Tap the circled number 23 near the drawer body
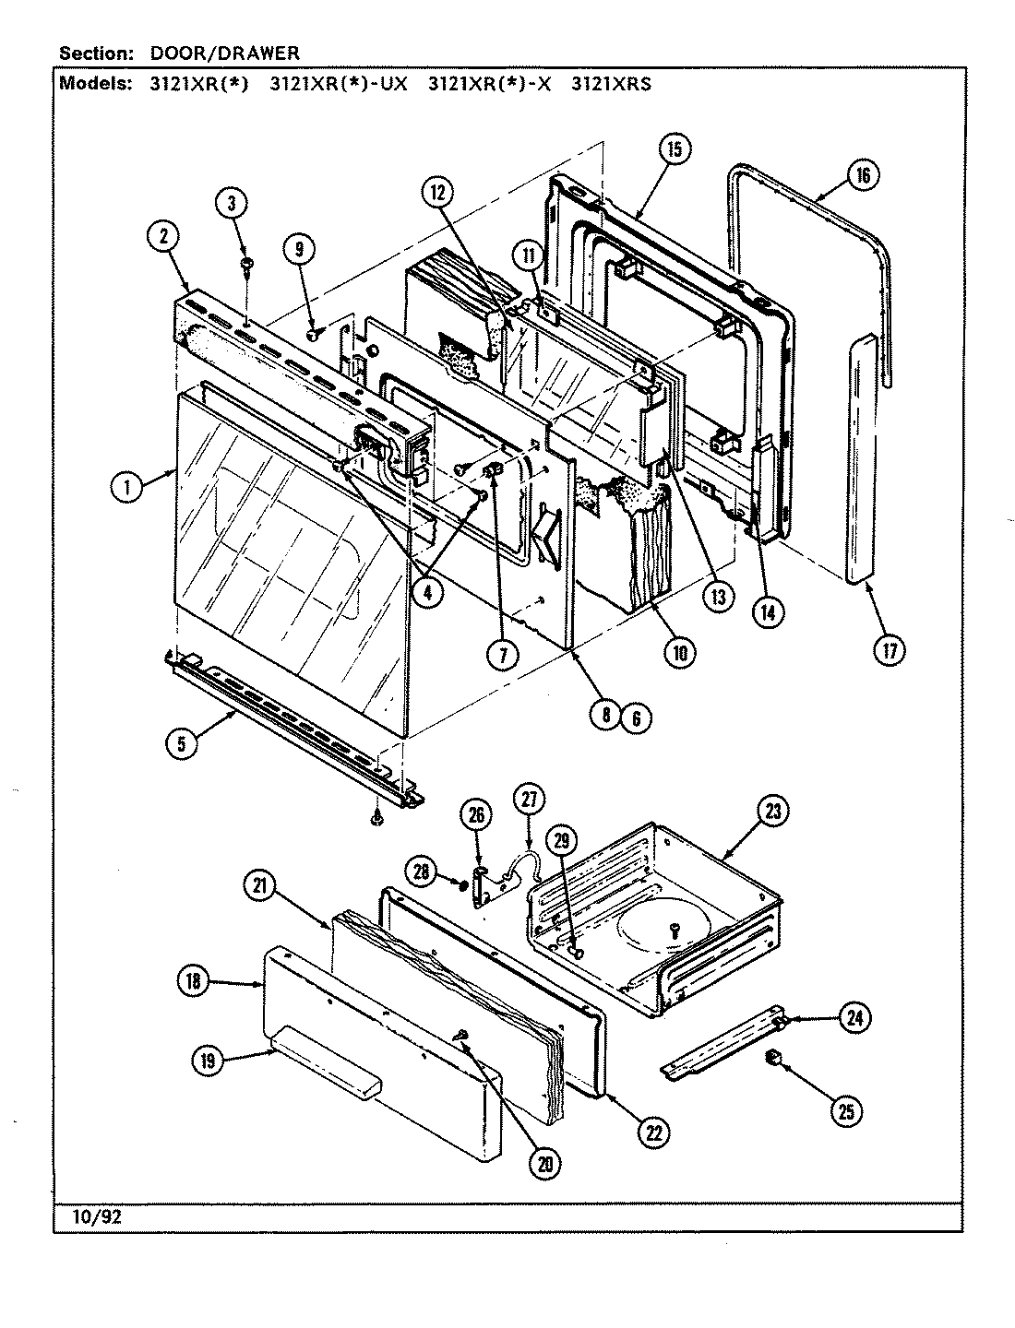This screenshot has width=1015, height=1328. [772, 812]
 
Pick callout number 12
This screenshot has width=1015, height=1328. [438, 193]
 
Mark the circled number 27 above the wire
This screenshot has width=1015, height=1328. [531, 800]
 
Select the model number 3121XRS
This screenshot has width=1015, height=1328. [611, 84]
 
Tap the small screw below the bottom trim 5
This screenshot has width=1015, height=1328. [376, 817]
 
